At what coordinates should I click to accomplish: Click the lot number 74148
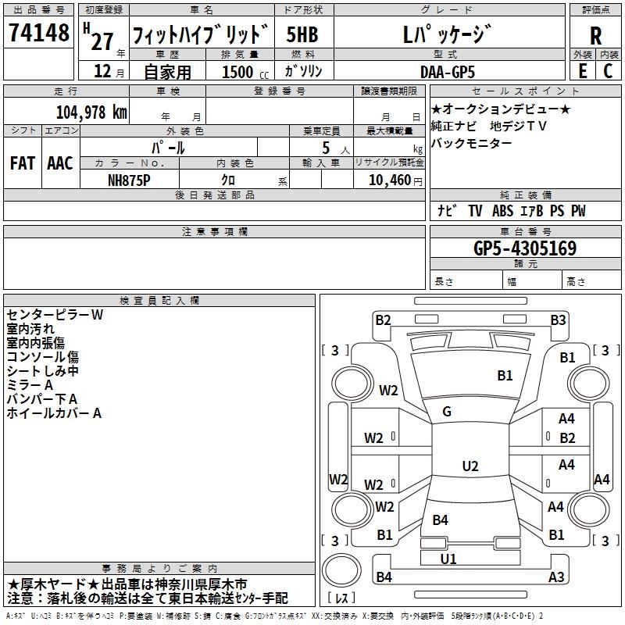[x=38, y=34]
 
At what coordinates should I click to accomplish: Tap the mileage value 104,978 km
[x=92, y=112]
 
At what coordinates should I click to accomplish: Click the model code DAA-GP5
[x=447, y=72]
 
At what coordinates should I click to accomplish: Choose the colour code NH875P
[x=130, y=180]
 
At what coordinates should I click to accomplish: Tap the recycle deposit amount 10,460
[x=388, y=180]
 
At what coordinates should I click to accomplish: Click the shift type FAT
[x=23, y=163]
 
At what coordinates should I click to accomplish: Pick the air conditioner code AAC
[x=59, y=163]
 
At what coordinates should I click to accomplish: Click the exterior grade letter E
[x=582, y=71]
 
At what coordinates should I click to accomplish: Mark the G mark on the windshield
[x=447, y=411]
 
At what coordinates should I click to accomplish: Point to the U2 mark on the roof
[x=470, y=466]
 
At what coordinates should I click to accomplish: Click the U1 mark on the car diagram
[x=448, y=559]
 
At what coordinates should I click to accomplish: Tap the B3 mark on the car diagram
[x=558, y=320]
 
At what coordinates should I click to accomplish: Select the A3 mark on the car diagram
[x=556, y=577]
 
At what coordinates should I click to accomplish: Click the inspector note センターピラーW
[x=55, y=315]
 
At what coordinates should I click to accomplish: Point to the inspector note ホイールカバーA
[x=54, y=413]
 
